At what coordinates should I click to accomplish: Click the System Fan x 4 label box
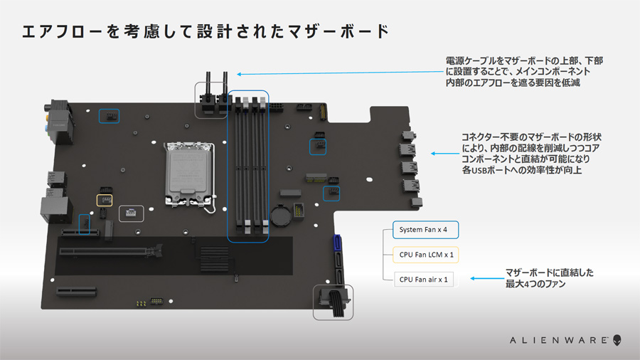[425, 230]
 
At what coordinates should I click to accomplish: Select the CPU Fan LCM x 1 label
[425, 254]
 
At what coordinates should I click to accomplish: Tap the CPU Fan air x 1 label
[425, 279]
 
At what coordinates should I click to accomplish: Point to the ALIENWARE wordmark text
[559, 340]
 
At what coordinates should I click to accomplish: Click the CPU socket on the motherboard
[190, 174]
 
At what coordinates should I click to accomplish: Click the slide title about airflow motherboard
[206, 32]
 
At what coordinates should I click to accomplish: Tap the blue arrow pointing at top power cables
[248, 74]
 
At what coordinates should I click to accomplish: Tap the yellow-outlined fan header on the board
[105, 200]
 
